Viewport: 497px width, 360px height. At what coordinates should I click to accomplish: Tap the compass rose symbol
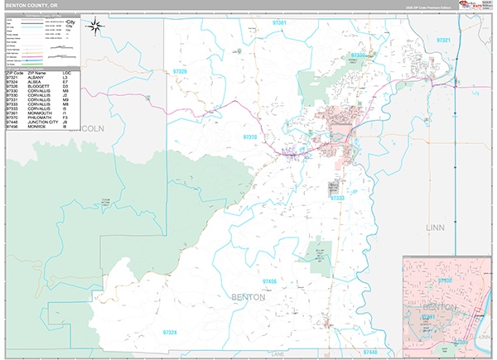(x=96, y=27)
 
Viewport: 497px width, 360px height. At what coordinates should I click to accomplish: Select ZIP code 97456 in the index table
(x=12, y=127)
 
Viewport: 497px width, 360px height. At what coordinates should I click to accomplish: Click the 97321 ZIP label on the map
(x=444, y=40)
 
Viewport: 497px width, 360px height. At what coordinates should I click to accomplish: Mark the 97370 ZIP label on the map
(x=251, y=137)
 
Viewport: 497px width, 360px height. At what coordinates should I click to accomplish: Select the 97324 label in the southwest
(x=170, y=332)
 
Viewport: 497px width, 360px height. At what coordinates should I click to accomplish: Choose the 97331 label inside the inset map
(x=428, y=315)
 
